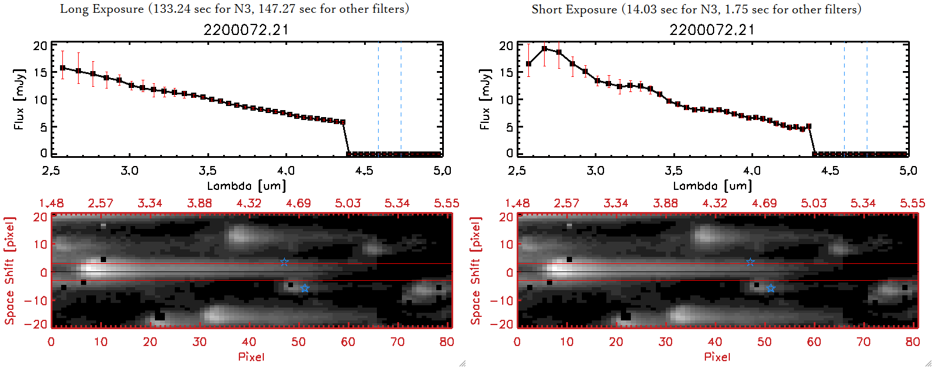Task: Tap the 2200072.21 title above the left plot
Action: (x=246, y=30)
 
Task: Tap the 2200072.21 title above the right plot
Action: (x=712, y=30)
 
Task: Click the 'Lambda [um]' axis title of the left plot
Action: (x=246, y=186)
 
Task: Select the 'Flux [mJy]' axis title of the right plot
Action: (x=485, y=99)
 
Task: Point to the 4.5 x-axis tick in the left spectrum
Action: (x=364, y=171)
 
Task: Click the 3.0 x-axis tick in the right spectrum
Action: (x=595, y=171)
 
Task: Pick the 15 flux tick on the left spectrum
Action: (x=40, y=73)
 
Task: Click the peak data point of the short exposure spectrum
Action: (x=545, y=49)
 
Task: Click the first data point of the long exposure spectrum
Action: (x=63, y=68)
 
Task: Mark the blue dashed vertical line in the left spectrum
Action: (x=401, y=99)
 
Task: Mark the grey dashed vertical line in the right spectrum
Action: (x=844, y=99)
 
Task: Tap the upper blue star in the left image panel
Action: (x=284, y=262)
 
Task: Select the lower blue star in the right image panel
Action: (x=771, y=288)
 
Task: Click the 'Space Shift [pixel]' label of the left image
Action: (x=9, y=271)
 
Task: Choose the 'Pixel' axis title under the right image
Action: (x=717, y=357)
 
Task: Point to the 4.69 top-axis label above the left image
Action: (x=298, y=203)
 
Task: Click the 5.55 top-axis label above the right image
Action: (x=912, y=203)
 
